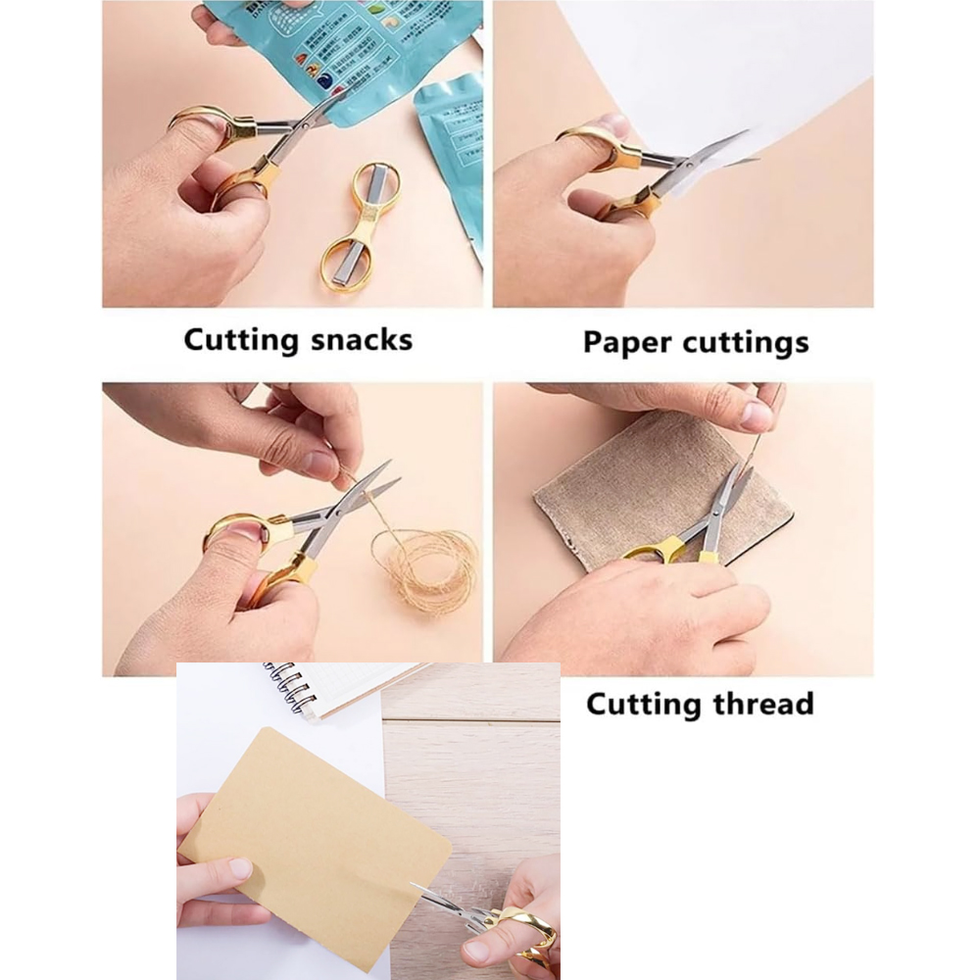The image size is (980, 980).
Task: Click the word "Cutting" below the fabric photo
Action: tap(632, 704)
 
